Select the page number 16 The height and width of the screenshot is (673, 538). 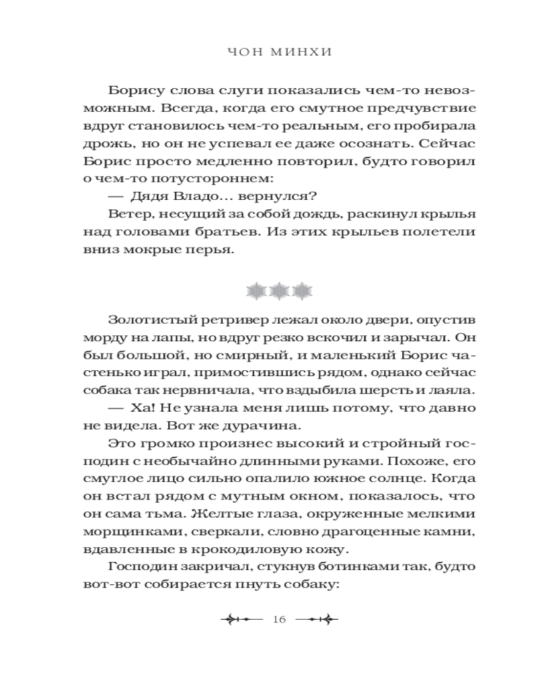point(280,619)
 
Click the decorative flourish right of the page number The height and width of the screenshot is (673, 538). point(317,619)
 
